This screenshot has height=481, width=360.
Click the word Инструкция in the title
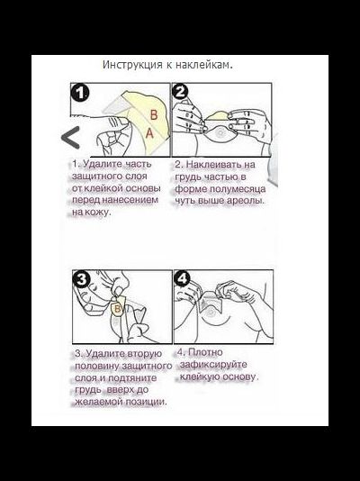(133, 66)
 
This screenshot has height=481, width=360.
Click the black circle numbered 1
(80, 93)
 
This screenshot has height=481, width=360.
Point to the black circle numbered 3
(82, 279)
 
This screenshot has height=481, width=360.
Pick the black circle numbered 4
(183, 279)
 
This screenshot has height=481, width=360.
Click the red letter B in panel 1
(154, 115)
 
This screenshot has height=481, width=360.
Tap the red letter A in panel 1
(149, 133)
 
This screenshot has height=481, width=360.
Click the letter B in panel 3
(117, 309)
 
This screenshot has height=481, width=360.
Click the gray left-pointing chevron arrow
(70, 138)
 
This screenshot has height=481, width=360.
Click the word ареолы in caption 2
(245, 201)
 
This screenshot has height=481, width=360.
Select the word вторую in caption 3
(144, 354)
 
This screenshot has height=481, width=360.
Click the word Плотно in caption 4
(205, 352)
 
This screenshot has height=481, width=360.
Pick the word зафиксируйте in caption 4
(213, 365)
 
